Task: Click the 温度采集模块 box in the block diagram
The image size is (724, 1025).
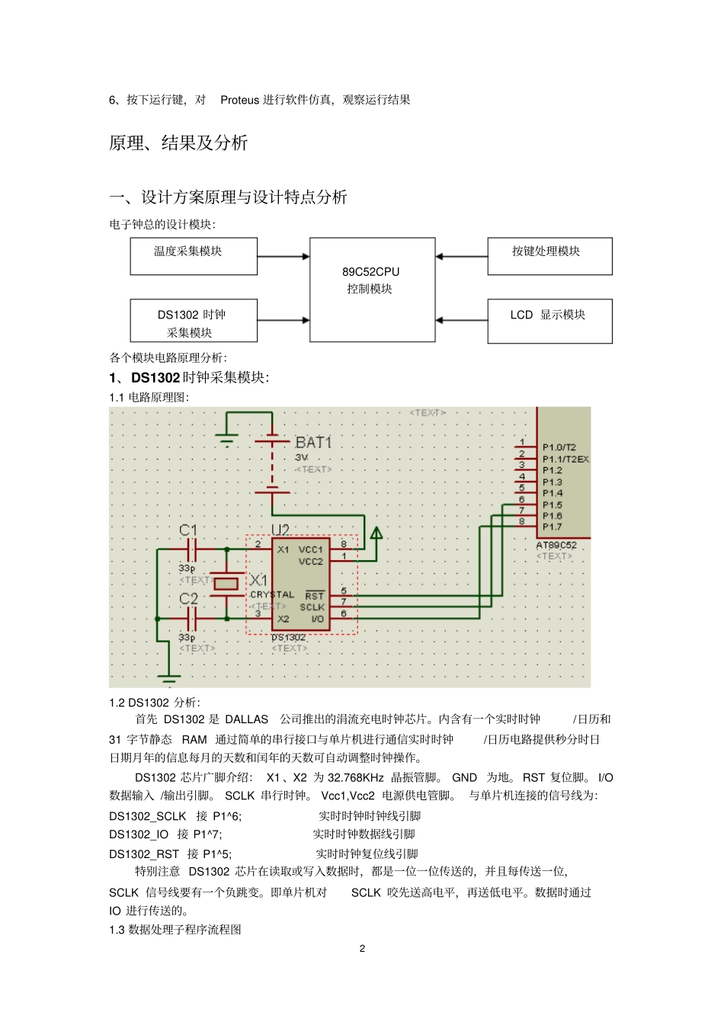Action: (194, 256)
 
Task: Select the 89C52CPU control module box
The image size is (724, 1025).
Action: (372, 289)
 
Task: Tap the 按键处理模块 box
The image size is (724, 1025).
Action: (549, 256)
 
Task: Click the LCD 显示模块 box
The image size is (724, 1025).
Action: (549, 321)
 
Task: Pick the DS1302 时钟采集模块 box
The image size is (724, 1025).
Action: (194, 321)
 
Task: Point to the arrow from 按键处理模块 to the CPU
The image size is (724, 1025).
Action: (461, 257)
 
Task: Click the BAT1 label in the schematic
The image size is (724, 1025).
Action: (313, 442)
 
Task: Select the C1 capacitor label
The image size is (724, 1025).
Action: (188, 530)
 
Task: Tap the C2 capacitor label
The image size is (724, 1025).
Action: (188, 599)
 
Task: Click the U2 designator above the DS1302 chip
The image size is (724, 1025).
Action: (280, 529)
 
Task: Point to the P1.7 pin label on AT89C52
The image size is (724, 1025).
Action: (552, 527)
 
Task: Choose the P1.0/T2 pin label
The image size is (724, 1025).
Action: (559, 447)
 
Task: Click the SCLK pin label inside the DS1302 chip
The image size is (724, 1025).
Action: (312, 607)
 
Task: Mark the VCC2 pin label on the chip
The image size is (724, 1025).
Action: (310, 562)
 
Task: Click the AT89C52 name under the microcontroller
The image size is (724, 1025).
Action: (556, 545)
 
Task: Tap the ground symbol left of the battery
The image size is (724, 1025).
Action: (226, 439)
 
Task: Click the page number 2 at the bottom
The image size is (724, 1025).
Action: (362, 949)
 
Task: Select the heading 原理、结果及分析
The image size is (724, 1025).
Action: (178, 143)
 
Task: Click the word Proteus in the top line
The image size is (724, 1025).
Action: (239, 100)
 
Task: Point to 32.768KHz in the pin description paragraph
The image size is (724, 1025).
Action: (355, 777)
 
